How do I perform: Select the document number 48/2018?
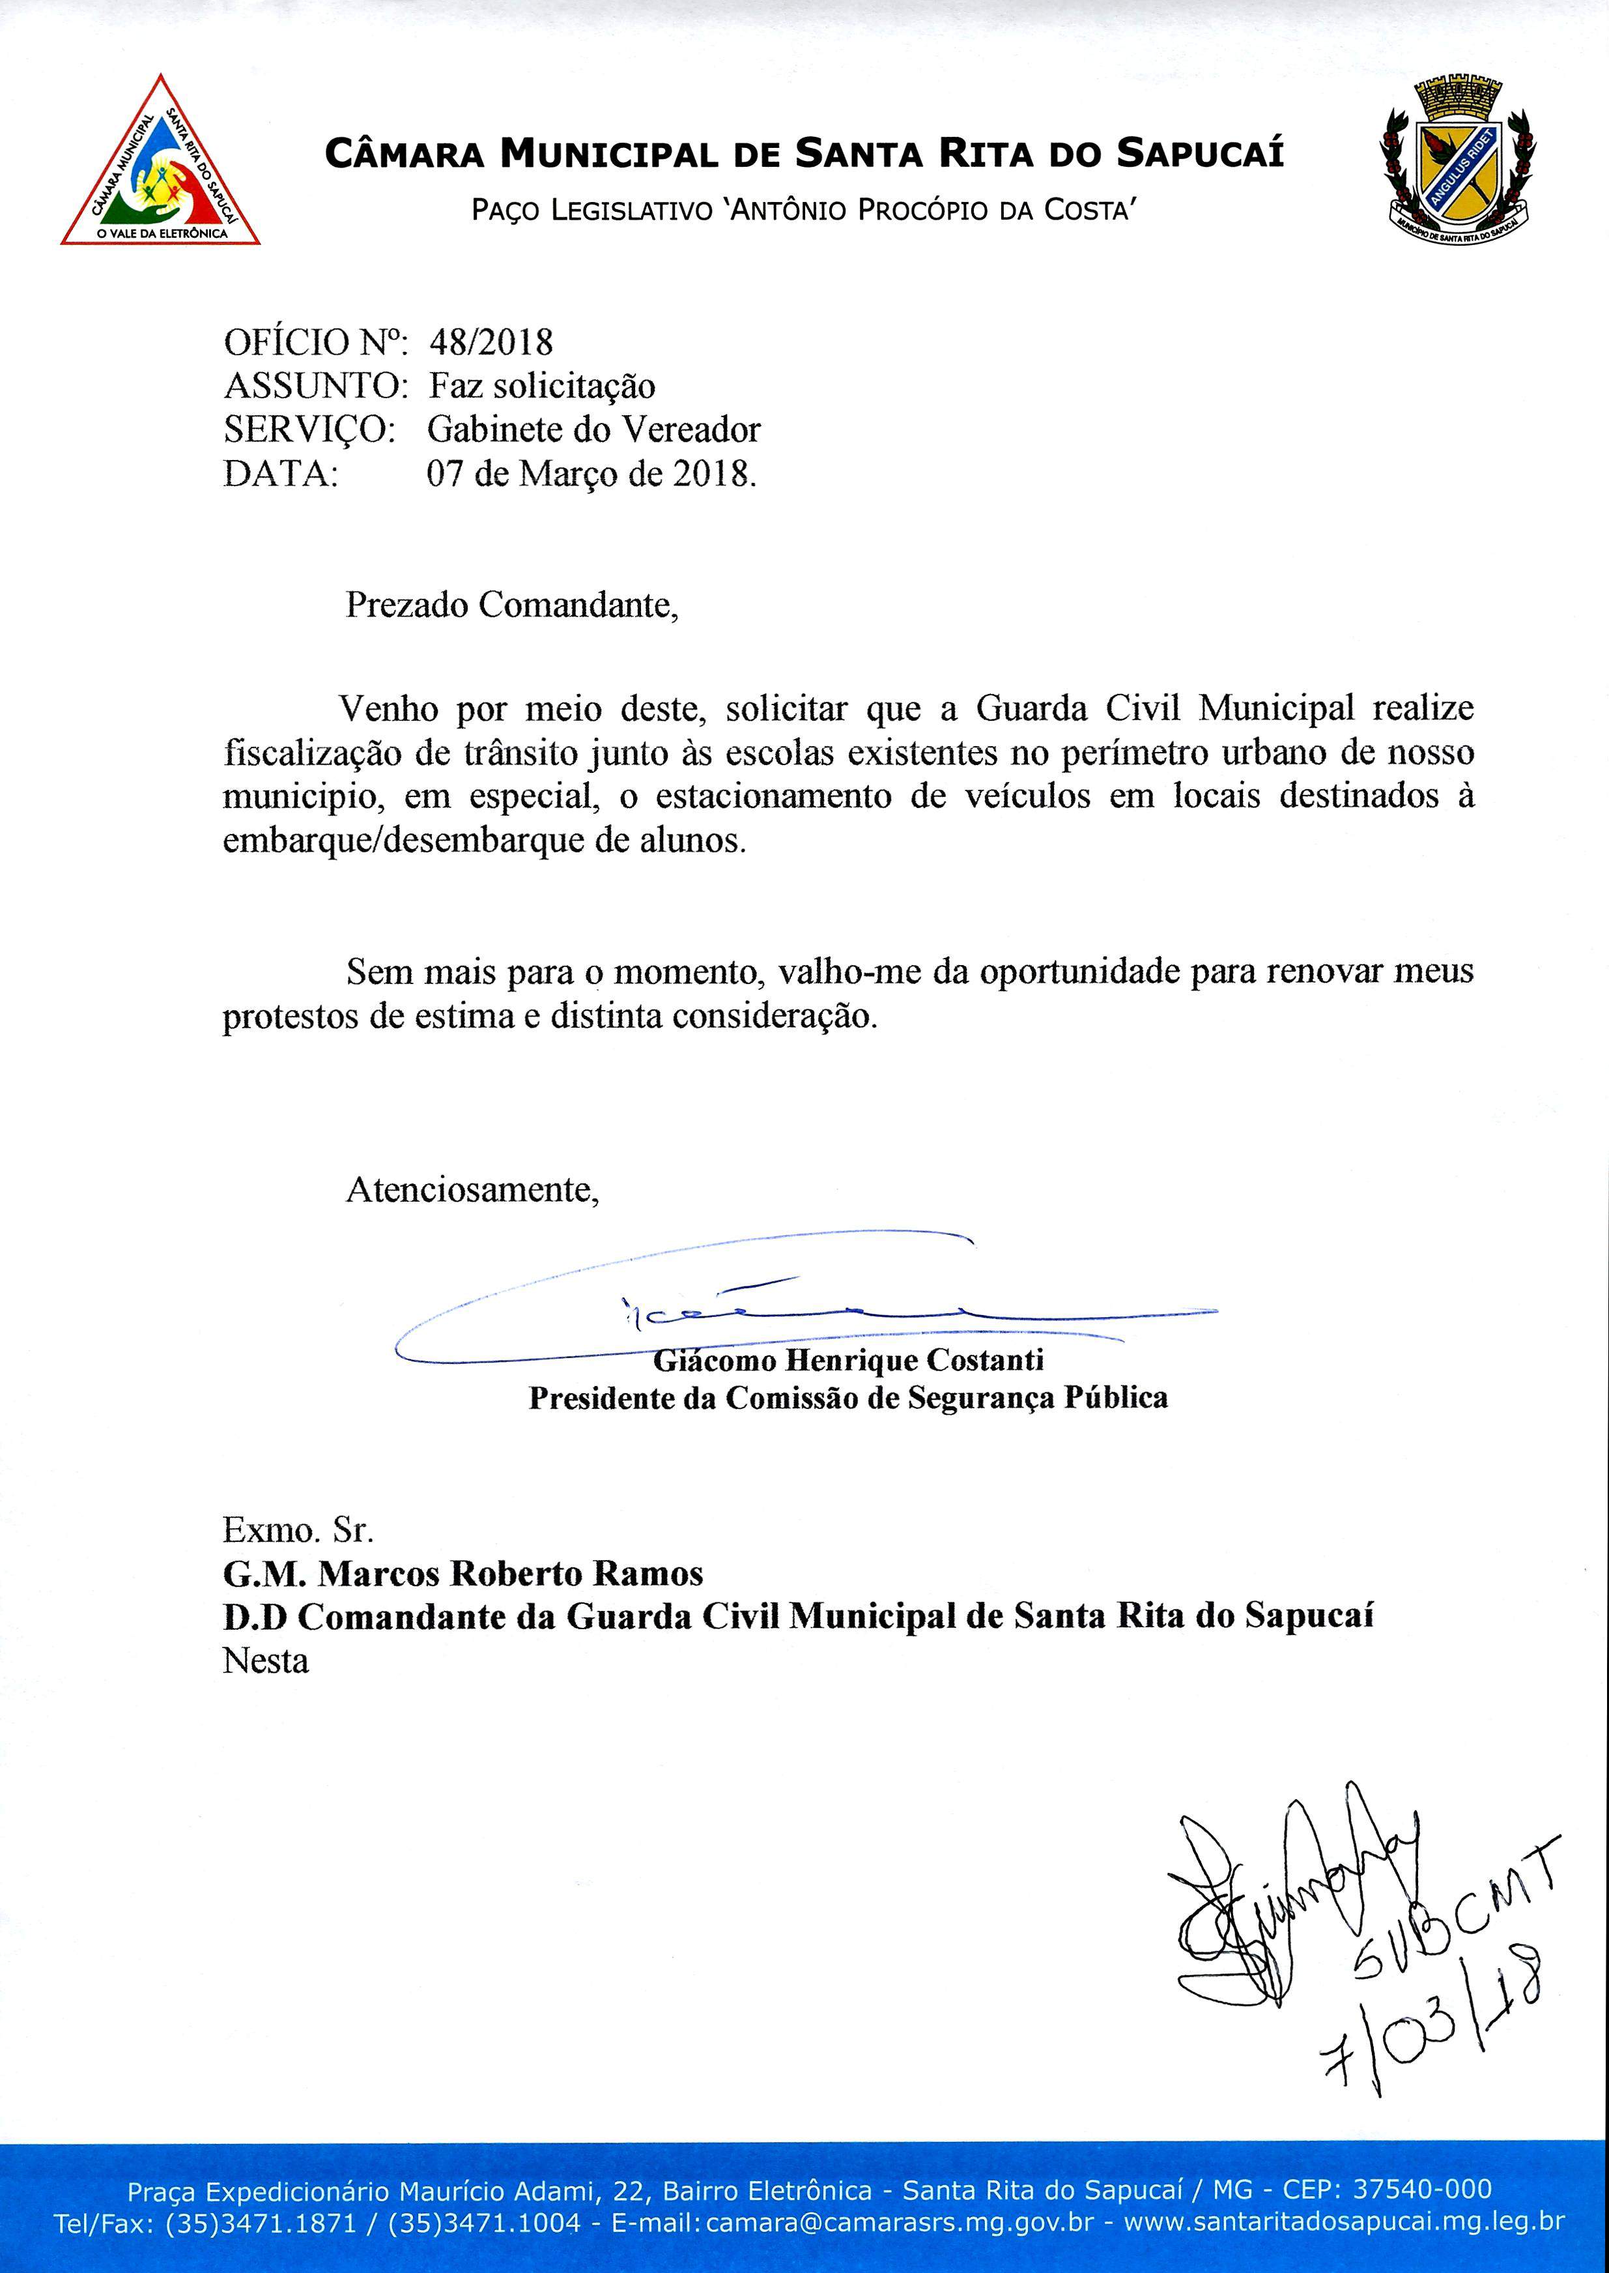491,343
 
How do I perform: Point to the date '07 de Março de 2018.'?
591,474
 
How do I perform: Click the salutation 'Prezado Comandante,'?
511,604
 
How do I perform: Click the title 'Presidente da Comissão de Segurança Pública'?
848,1398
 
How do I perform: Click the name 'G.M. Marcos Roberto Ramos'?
463,1574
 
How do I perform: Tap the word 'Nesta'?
266,1660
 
